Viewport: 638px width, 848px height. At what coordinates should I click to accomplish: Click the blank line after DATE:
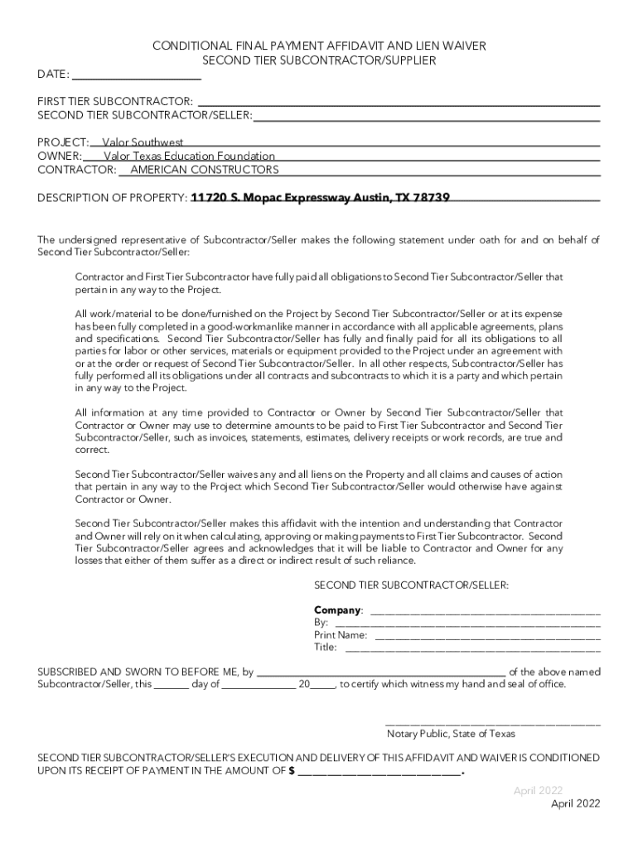click(137, 75)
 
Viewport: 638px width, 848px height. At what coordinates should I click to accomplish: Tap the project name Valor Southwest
click(143, 142)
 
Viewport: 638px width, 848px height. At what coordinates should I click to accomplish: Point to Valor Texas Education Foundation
click(189, 156)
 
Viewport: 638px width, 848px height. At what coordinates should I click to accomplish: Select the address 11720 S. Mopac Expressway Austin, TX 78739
click(321, 198)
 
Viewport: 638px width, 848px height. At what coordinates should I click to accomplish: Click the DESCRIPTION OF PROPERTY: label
click(113, 198)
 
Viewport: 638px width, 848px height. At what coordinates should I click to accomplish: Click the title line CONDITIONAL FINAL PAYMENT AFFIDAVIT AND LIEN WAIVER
click(319, 47)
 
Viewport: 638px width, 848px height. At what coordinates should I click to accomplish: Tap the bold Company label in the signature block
click(337, 610)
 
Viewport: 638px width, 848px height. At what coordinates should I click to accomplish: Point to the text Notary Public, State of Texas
click(451, 734)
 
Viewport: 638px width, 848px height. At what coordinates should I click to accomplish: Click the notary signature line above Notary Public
click(493, 722)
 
